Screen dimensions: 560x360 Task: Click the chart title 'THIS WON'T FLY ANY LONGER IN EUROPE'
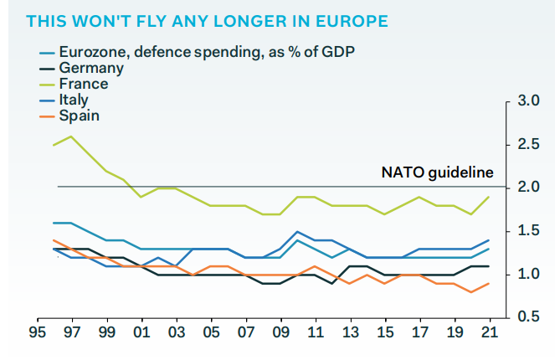pos(207,22)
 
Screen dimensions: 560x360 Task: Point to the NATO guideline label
pos(438,172)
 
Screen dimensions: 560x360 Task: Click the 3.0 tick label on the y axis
pos(528,100)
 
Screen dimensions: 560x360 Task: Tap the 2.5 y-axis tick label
pos(528,144)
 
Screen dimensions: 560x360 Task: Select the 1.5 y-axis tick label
pos(528,231)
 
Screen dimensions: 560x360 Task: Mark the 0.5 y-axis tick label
pos(528,316)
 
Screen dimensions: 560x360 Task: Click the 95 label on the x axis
pos(38,332)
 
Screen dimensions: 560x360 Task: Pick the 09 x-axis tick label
pos(281,332)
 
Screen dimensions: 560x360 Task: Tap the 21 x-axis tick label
pos(490,332)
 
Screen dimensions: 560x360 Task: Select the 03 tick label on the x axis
pos(177,332)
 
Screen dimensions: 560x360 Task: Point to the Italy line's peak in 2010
pos(297,232)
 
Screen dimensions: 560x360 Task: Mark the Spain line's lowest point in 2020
pos(471,292)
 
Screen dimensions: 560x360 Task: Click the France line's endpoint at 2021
pos(489,197)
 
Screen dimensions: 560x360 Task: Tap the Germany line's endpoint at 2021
pos(489,266)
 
